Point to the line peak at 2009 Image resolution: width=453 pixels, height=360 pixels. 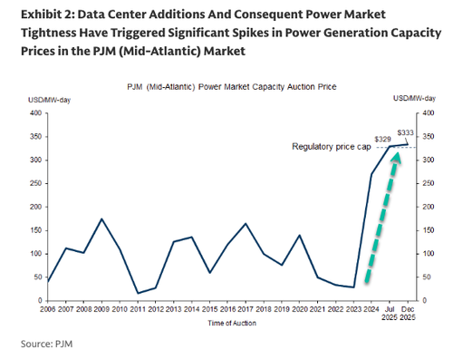click(x=101, y=219)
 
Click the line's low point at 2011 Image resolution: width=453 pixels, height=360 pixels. click(x=136, y=293)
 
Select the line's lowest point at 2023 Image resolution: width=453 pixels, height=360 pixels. click(x=353, y=287)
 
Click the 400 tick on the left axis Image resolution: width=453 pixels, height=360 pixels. click(x=36, y=113)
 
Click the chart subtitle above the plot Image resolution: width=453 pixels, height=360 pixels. click(x=226, y=84)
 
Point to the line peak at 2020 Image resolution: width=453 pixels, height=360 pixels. click(x=300, y=235)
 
